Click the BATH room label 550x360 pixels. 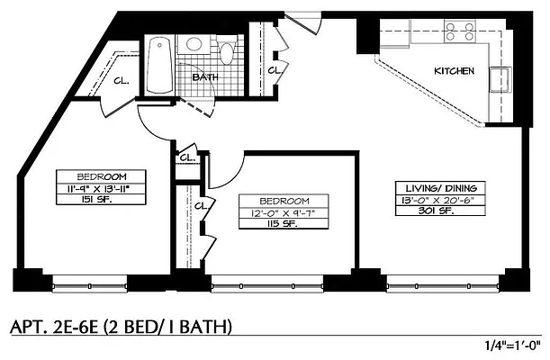click(x=205, y=77)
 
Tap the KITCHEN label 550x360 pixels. click(x=455, y=70)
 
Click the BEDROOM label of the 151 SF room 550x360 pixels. click(x=101, y=176)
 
